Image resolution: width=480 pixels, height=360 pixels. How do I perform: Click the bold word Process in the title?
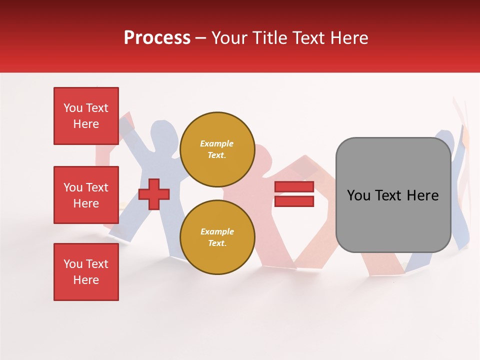coord(157,38)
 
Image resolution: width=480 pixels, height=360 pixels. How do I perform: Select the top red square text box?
coord(86,116)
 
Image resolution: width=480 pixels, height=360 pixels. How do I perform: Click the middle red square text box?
coord(86,195)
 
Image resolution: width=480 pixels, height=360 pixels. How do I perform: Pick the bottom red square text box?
coord(86,272)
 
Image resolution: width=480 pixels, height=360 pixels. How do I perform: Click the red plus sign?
coord(154,193)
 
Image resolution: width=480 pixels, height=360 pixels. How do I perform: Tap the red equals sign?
coord(294,194)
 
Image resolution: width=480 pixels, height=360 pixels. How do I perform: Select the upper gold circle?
coord(217,149)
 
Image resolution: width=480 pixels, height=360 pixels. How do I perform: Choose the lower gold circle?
coord(217,237)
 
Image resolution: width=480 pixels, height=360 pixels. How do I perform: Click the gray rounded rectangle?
coord(393,195)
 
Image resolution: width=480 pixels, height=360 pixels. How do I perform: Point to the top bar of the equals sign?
coord(294,187)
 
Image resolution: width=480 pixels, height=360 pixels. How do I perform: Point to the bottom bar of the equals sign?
coord(294,201)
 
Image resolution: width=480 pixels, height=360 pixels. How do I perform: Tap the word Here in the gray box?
coord(423,195)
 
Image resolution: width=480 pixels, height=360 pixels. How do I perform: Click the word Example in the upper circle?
coord(217,144)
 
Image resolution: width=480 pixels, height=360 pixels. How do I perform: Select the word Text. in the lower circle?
coord(217,243)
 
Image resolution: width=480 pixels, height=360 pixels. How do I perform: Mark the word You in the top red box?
coord(73,108)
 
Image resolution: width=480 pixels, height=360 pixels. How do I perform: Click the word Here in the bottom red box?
coord(86,280)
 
